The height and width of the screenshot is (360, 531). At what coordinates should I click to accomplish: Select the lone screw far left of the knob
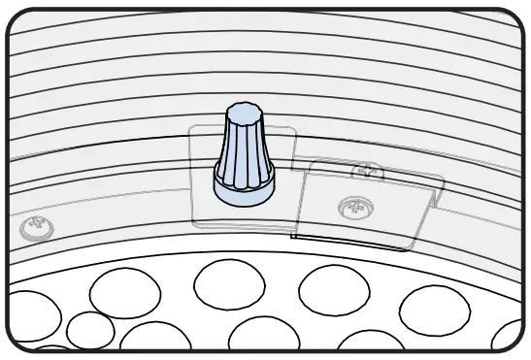(x=35, y=227)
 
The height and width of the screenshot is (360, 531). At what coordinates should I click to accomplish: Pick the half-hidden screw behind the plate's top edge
(x=366, y=171)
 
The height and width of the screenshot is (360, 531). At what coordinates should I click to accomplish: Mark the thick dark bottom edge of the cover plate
(x=340, y=237)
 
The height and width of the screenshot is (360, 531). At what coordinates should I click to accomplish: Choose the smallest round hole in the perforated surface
(x=89, y=327)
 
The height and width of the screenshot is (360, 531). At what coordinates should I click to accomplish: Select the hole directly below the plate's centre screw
(x=331, y=288)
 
